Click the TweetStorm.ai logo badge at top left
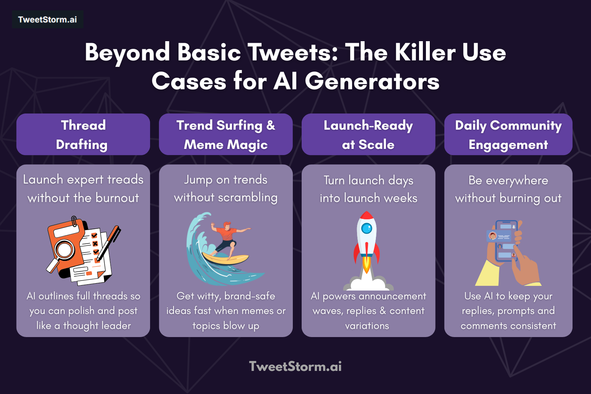tap(47, 20)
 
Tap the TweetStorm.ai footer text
tap(295, 366)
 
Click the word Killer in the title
tap(425, 52)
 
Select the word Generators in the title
tap(372, 82)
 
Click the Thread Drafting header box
tap(83, 134)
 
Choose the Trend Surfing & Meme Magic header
tap(226, 134)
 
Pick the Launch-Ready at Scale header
tap(368, 134)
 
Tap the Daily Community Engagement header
tap(508, 134)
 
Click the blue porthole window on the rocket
tap(367, 229)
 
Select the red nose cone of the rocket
tap(367, 215)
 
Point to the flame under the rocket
tap(367, 265)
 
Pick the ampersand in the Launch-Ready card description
tap(382, 311)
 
